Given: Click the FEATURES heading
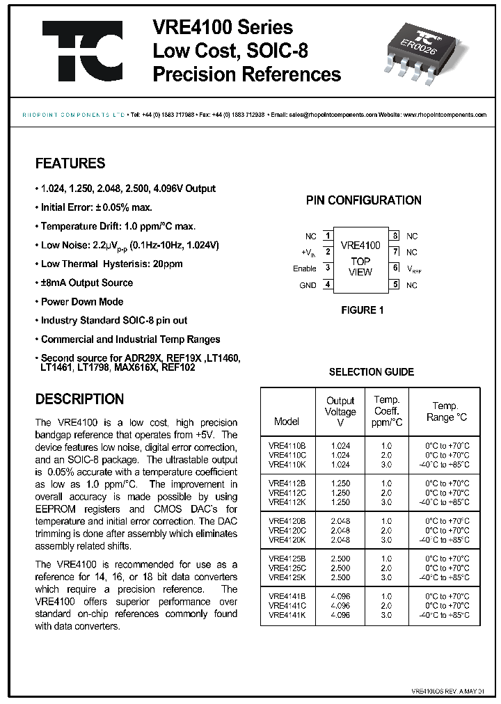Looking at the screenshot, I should point(70,163).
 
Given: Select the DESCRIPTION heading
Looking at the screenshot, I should point(79,399).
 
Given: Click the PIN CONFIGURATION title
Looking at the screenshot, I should point(364,200).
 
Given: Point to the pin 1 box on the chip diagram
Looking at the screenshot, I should point(326,237).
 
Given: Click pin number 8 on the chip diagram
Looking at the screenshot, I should point(395,237).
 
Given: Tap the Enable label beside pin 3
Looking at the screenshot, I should point(304,269).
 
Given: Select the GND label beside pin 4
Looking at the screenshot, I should point(308,285).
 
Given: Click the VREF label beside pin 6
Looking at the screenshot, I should point(414,269).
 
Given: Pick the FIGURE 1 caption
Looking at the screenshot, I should point(361,310).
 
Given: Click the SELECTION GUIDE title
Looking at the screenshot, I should point(371,372).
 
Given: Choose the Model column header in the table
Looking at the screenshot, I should point(287,421).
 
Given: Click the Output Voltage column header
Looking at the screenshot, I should point(340,411).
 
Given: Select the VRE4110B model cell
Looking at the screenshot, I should point(283,445).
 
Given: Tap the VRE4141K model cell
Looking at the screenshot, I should point(283,615).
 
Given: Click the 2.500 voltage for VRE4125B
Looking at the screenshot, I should point(340,559).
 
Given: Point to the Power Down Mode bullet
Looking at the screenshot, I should point(81,301).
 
